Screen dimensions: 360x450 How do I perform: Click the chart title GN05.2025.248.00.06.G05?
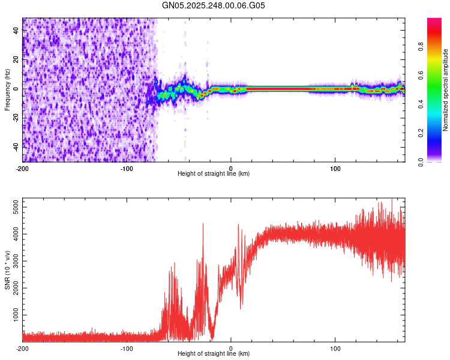[x=214, y=5]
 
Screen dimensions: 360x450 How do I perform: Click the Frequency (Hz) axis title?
[x=7, y=90]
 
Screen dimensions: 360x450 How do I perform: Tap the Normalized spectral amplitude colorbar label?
[x=445, y=90]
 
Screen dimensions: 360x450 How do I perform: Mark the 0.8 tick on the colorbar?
[x=422, y=47]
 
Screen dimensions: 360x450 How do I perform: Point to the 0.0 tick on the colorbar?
[x=422, y=161]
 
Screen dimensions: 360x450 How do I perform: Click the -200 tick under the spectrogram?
[x=23, y=168]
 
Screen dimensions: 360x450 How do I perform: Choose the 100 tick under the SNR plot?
[x=335, y=348]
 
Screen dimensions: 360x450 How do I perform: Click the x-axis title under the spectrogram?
[x=214, y=174]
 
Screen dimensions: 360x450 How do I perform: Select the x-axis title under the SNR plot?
[x=214, y=354]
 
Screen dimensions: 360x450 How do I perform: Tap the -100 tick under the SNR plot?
[x=127, y=348]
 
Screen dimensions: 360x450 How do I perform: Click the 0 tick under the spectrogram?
[x=231, y=168]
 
